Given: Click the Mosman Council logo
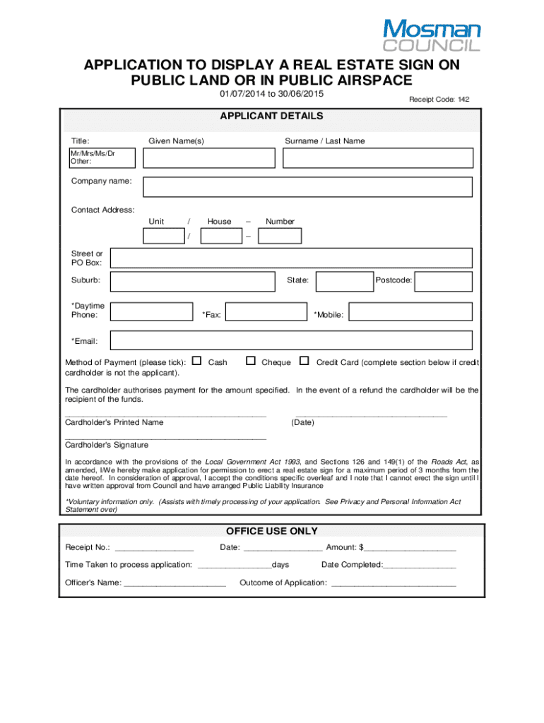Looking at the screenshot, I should coord(431,35).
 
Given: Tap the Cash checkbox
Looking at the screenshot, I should coord(196,361).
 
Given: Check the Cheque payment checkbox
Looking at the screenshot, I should coord(250,361).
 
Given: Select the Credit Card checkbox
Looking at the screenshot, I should coord(304,361).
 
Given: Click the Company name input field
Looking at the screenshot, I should coord(307,186).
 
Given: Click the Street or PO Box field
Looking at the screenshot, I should coord(291,258).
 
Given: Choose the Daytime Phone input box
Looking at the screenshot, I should coord(153,311).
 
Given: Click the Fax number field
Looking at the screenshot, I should coord(266,311).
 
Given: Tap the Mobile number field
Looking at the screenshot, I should coord(410,311).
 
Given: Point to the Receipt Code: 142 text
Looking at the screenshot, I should coord(439,100).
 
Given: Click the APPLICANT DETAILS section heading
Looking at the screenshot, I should coord(271,116).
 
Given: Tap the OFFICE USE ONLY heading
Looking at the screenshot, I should coord(271,531).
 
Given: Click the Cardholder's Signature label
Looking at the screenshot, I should coord(107,445).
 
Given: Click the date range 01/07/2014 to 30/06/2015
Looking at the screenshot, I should coord(271,95).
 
